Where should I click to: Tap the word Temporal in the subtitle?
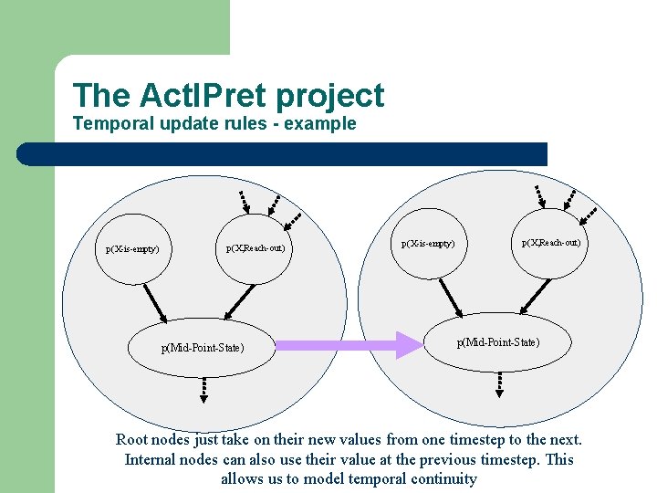[x=109, y=123]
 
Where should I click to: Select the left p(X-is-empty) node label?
[x=132, y=248]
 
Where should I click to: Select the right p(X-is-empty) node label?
[x=428, y=244]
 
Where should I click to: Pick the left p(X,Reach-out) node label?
[x=255, y=248]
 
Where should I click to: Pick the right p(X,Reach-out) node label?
[x=550, y=243]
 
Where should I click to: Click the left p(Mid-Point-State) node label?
[x=203, y=347]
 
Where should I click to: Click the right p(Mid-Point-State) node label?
[x=497, y=341]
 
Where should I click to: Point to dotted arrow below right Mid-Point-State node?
[x=498, y=384]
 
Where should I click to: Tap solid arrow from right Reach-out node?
[x=535, y=294]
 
